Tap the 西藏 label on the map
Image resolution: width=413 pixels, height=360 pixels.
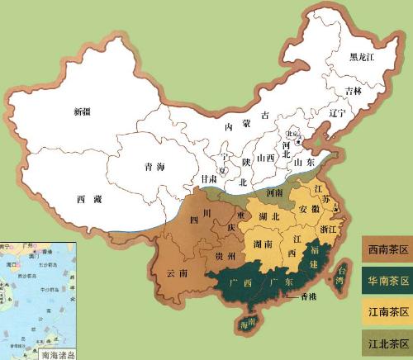click(x=89, y=199)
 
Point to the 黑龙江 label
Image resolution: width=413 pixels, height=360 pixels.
click(x=362, y=57)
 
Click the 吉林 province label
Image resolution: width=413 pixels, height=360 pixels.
click(x=354, y=90)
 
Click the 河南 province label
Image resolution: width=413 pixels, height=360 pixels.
click(x=282, y=192)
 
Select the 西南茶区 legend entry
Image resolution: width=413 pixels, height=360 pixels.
click(x=386, y=246)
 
